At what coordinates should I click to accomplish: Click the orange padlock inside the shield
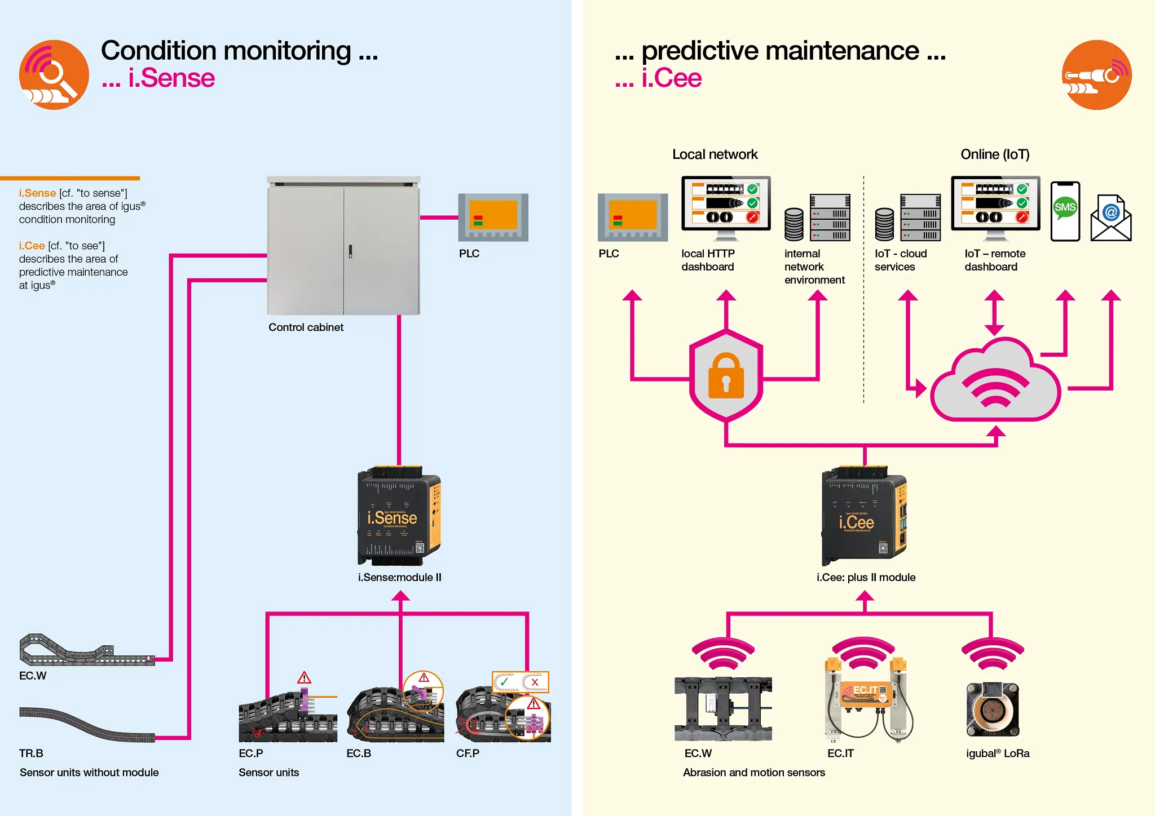(x=726, y=376)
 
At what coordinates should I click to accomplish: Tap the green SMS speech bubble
(x=1065, y=207)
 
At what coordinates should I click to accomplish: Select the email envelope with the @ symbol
(x=1110, y=218)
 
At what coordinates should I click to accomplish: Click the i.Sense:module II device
(x=399, y=516)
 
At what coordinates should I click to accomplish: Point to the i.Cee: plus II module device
(x=864, y=516)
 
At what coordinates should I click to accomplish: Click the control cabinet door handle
(x=350, y=251)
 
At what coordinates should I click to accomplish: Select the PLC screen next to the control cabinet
(x=493, y=217)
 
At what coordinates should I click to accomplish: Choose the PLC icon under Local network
(x=633, y=217)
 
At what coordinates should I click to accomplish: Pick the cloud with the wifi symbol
(x=995, y=383)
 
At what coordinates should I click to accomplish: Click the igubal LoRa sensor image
(x=993, y=709)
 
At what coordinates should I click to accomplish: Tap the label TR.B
(x=31, y=753)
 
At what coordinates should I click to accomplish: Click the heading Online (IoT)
(x=995, y=154)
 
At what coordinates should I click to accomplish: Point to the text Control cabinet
(x=306, y=327)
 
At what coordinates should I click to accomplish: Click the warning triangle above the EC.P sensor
(x=305, y=677)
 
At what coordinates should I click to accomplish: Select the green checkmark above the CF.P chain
(x=505, y=682)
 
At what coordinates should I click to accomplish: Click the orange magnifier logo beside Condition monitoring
(x=54, y=75)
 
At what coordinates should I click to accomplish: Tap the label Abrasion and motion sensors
(x=753, y=773)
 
